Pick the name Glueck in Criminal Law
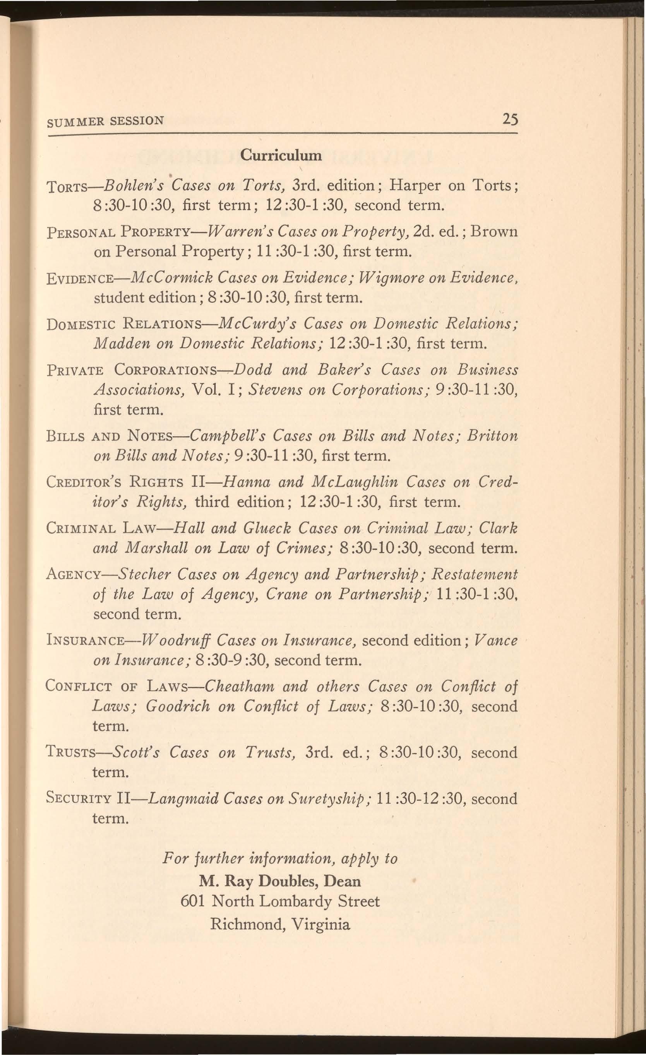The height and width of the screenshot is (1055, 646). (x=267, y=529)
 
